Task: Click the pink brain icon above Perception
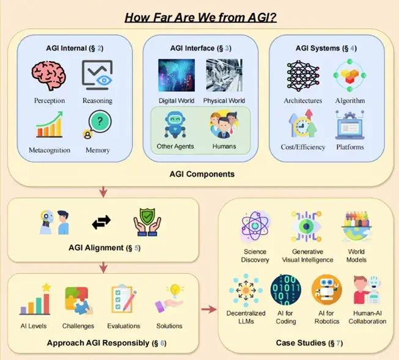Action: click(47, 76)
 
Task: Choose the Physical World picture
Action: click(224, 75)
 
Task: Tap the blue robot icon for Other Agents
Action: click(175, 124)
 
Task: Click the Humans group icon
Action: click(224, 124)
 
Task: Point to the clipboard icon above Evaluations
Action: click(123, 299)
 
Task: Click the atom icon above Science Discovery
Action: click(255, 224)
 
